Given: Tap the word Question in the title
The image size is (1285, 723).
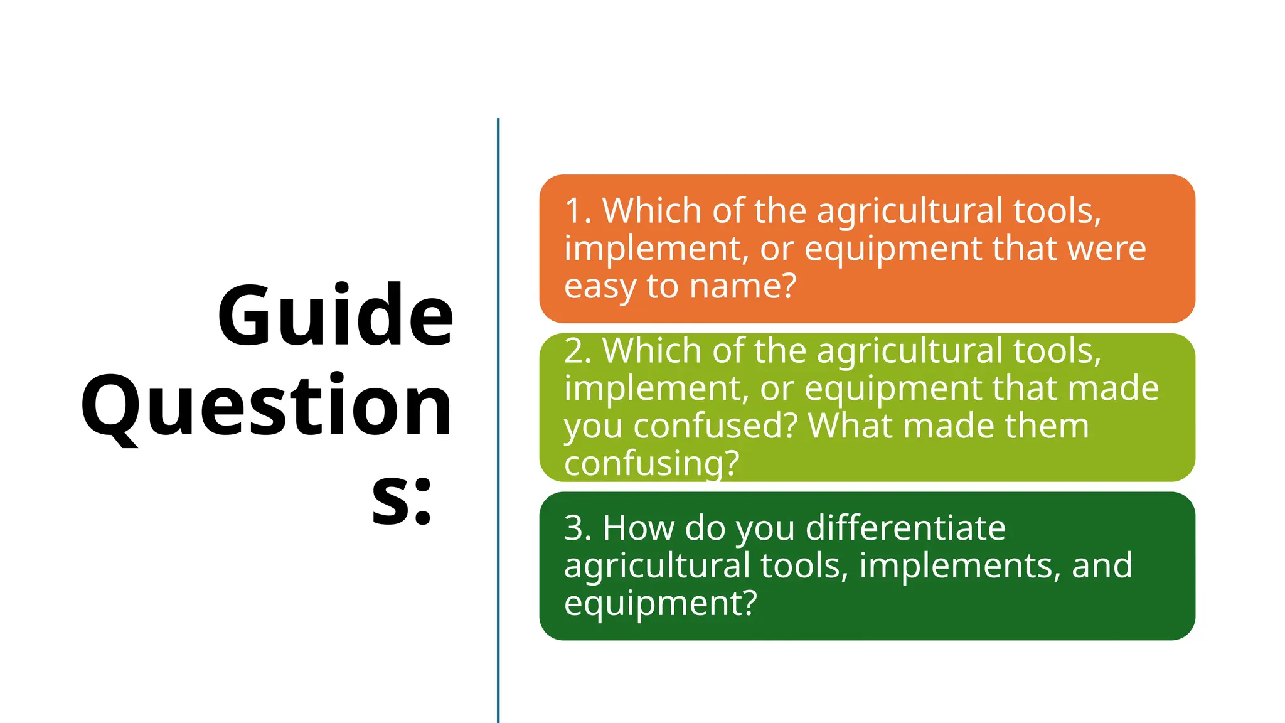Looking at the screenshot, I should point(267,407).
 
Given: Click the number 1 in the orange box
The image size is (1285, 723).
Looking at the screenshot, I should point(573,211).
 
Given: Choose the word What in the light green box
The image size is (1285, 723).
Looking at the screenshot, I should point(850,426).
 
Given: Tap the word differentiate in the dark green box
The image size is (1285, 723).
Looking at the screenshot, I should point(905,528).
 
